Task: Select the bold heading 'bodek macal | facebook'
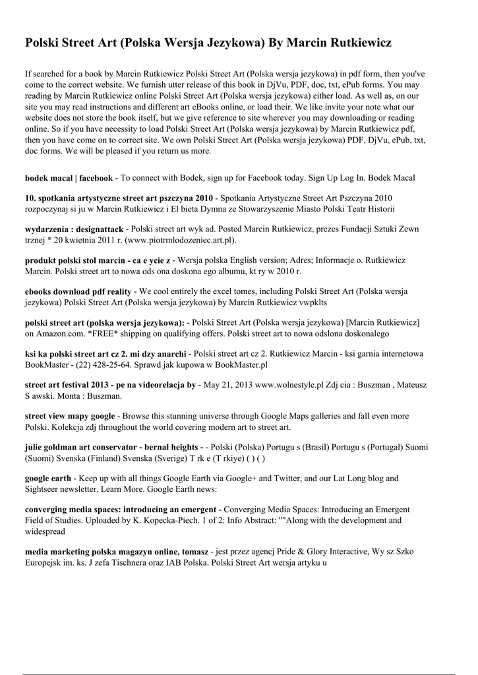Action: (69, 178)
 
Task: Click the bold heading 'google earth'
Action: (48, 478)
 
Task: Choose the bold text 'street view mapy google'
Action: (70, 416)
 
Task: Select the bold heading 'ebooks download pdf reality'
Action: (78, 291)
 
